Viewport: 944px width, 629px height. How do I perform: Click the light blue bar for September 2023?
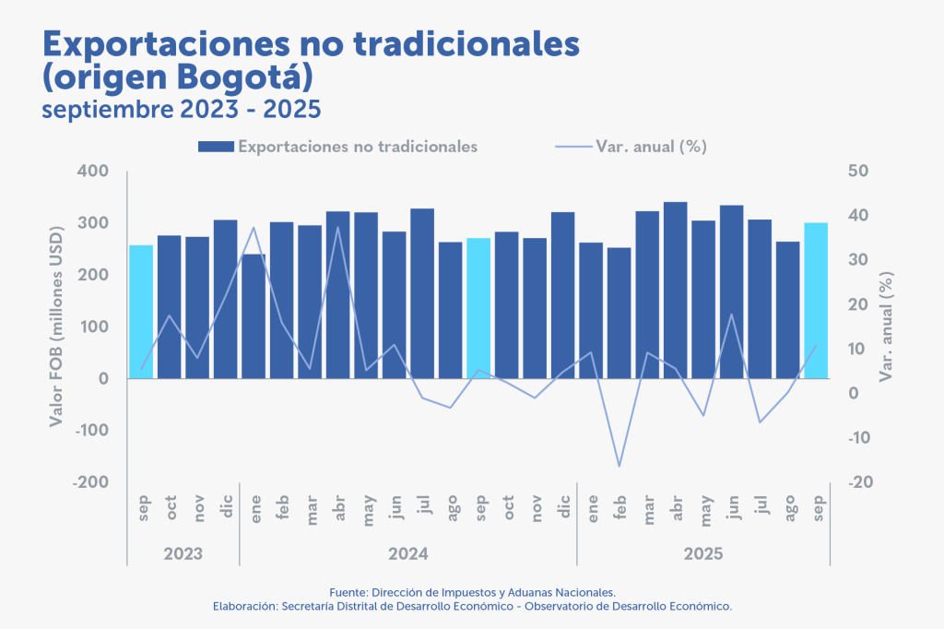(x=141, y=311)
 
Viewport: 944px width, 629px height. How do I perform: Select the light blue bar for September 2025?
(x=816, y=300)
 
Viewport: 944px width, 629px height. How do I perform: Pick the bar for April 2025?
(x=676, y=290)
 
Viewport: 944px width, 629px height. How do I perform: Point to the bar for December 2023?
(x=226, y=299)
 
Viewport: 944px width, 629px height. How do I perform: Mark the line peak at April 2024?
(x=338, y=227)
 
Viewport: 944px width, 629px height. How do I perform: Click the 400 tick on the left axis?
(x=93, y=172)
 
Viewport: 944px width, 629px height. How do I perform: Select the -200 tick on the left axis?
(x=90, y=482)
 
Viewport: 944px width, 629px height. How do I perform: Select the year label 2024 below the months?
(x=408, y=553)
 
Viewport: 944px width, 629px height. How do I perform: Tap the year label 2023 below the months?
(x=183, y=553)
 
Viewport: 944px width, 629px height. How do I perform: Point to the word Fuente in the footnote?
(x=348, y=591)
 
